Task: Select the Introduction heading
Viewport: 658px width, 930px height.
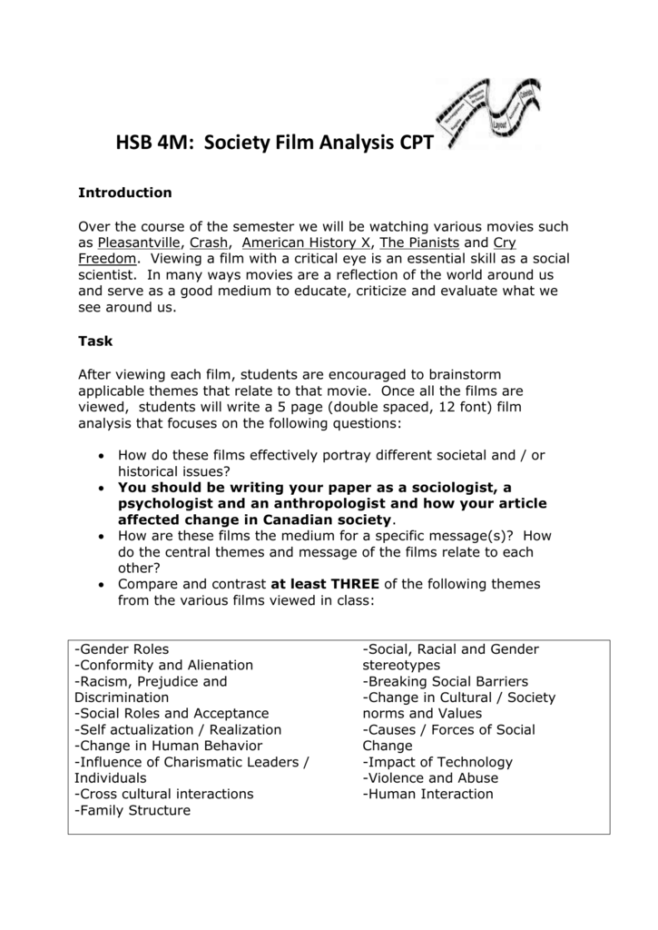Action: pos(124,193)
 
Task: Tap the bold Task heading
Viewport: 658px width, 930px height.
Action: pos(95,341)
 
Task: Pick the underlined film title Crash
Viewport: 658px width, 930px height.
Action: pos(209,242)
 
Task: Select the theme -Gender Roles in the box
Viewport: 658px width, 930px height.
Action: pos(122,649)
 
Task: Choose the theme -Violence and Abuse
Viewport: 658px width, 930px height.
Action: pos(429,778)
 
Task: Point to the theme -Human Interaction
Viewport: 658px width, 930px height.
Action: pos(427,794)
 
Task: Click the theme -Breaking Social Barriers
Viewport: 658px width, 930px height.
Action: pos(445,681)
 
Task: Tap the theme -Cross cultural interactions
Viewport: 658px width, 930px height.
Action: pos(164,794)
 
